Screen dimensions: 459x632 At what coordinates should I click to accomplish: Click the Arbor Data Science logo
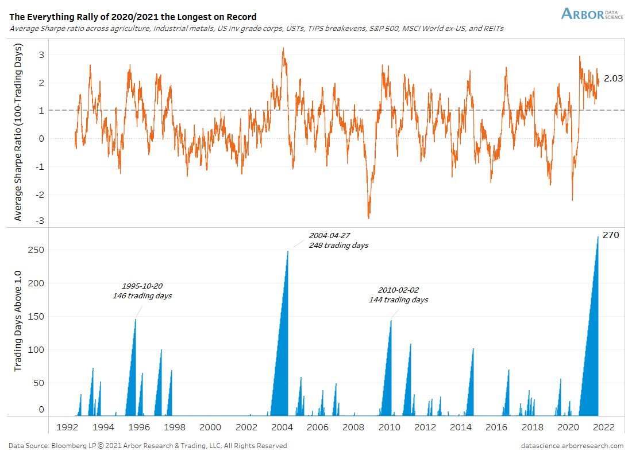[x=592, y=14]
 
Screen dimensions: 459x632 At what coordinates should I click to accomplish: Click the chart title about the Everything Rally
[x=133, y=17]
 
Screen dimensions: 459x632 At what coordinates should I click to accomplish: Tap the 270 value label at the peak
[x=610, y=235]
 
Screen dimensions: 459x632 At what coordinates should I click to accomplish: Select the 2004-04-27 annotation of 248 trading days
[x=338, y=240]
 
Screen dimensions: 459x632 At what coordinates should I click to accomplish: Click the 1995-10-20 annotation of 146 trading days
[x=142, y=291]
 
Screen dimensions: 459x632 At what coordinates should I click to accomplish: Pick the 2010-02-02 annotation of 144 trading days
[x=398, y=295]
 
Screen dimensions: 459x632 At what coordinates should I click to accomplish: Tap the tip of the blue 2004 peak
[x=287, y=251]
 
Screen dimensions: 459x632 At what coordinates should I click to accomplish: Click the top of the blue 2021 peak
[x=598, y=237]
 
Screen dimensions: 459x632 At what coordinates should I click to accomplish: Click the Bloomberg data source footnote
[x=148, y=446]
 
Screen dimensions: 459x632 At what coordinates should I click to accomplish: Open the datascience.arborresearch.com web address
[x=572, y=446]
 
